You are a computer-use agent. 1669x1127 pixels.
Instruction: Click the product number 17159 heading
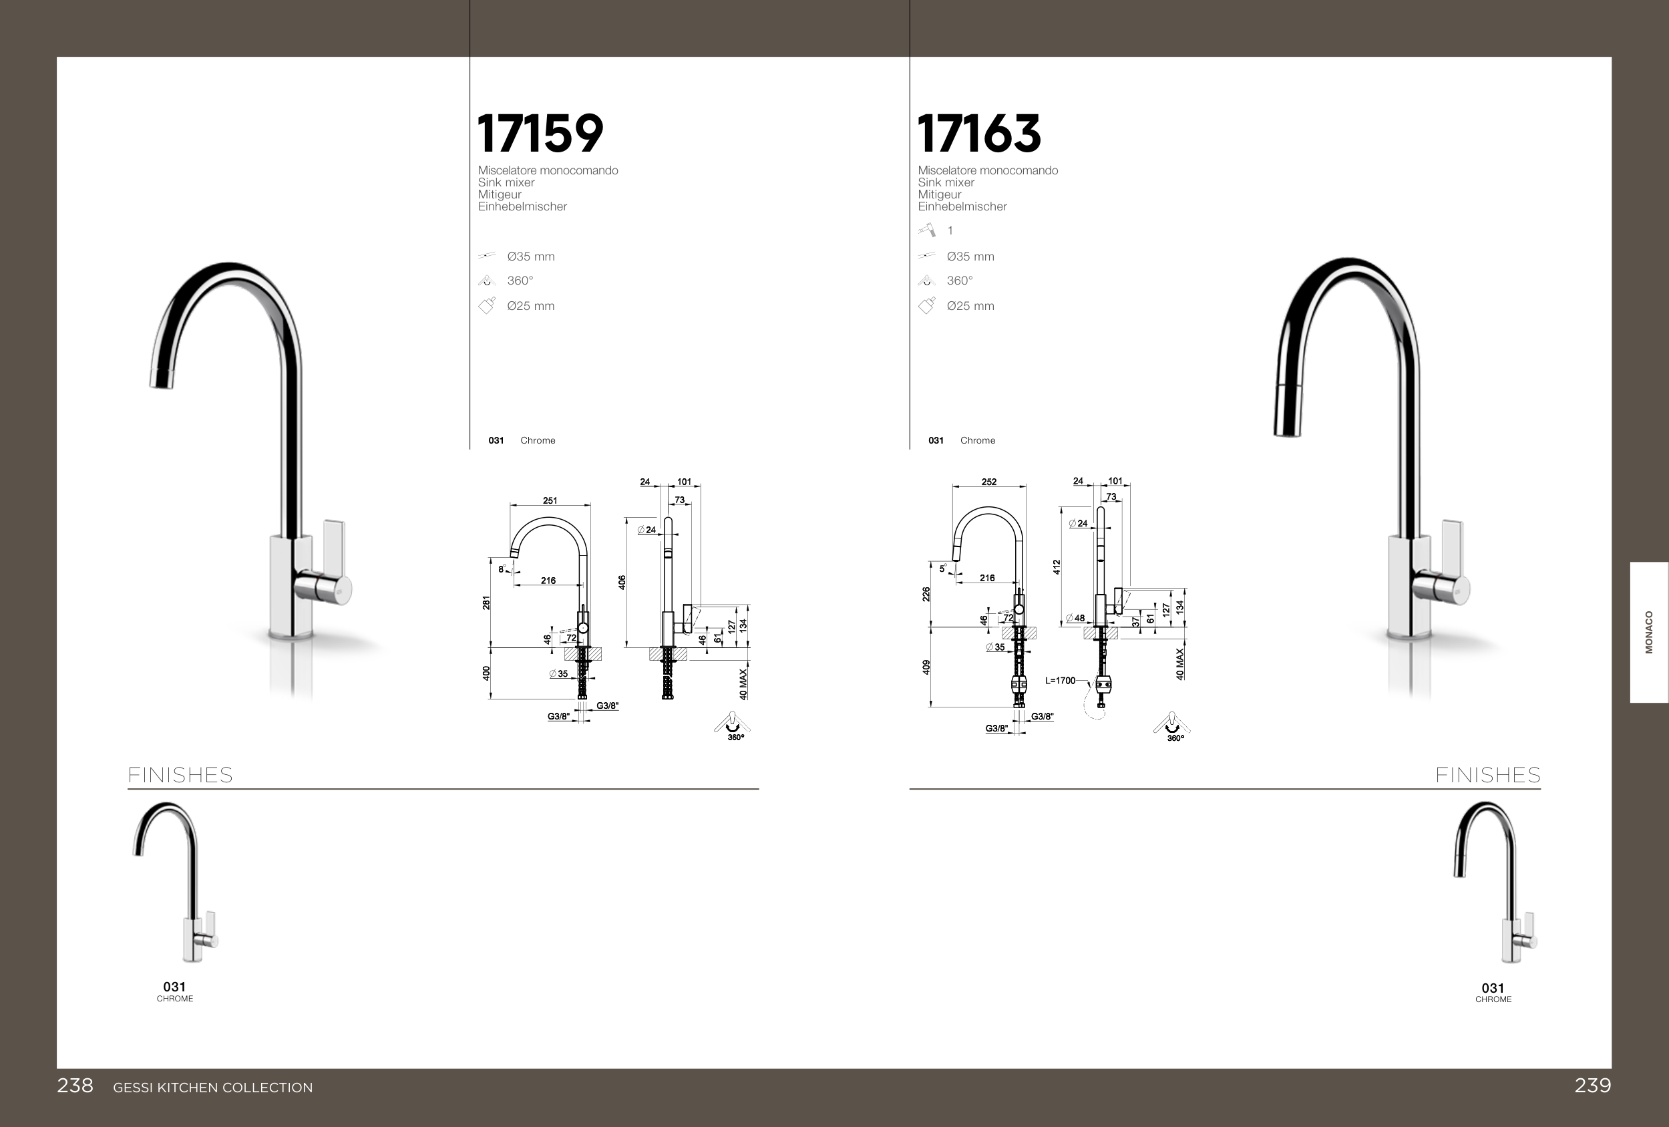[x=540, y=134]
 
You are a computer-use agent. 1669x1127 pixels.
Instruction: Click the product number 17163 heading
[x=979, y=134]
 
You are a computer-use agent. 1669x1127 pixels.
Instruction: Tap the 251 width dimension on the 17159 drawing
[x=550, y=500]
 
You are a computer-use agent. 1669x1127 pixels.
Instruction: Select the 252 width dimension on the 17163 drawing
[x=989, y=482]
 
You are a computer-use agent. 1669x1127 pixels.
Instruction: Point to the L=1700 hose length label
[x=1060, y=680]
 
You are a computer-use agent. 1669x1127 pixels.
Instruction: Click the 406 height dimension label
[x=622, y=583]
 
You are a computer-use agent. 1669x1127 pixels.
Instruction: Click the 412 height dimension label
[x=1057, y=567]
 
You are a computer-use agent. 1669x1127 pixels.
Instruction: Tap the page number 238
[x=75, y=1086]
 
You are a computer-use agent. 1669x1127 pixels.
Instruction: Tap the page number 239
[x=1593, y=1086]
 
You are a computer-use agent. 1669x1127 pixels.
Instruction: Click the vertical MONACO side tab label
[x=1649, y=632]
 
